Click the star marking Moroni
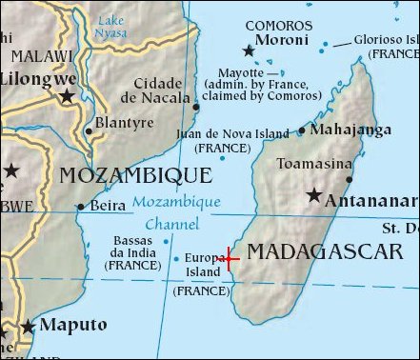pos(250,50)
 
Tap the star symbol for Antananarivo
pos(313,195)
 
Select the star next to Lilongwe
pos(67,96)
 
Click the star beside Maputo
pos(29,327)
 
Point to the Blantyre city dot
pos(90,131)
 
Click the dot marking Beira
pos(79,206)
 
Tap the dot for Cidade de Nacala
pos(196,108)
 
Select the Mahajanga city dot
pos(302,130)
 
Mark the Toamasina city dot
pos(350,178)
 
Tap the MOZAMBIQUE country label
pos(135,175)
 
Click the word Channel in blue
pos(172,225)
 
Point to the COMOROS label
pos(279,26)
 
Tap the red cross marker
pos(229,258)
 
